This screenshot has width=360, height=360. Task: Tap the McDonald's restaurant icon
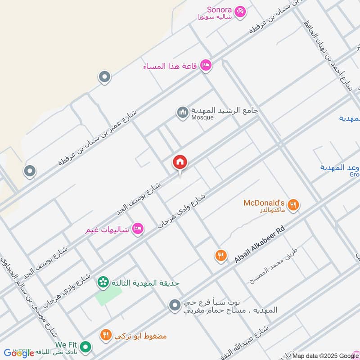point(293,205)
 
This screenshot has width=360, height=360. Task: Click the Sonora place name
point(219,9)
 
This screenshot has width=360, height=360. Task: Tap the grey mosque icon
point(183,112)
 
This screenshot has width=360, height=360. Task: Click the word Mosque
point(202,117)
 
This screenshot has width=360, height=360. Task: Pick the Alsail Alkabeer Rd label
point(260,245)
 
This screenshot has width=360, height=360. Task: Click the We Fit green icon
point(86,347)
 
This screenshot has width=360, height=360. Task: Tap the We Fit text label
point(66,345)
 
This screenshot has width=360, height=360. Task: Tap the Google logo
point(19,353)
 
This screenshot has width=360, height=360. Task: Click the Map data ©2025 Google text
point(324,355)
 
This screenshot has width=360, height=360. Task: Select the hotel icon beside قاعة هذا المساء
point(206,66)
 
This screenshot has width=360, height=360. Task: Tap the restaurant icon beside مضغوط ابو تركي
point(106,334)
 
